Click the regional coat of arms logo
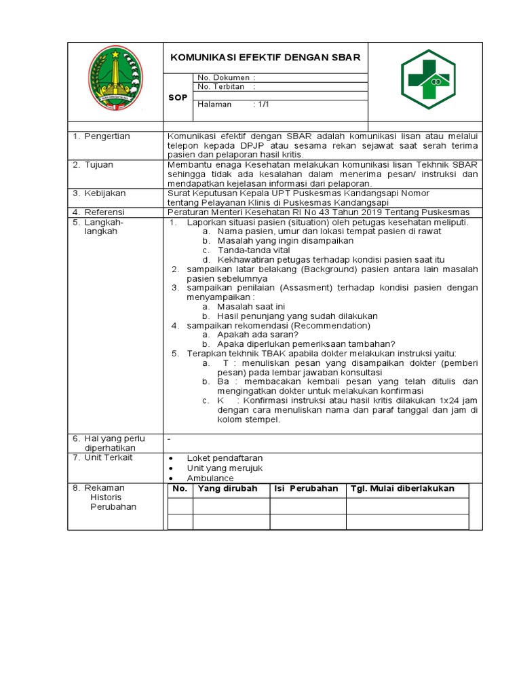(x=115, y=77)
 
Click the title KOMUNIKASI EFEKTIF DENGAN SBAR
(x=265, y=58)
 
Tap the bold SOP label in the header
(x=178, y=98)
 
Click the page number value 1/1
(x=261, y=105)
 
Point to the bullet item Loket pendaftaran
(x=225, y=458)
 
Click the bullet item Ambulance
(x=210, y=478)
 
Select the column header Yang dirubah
(x=227, y=489)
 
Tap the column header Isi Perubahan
(x=306, y=489)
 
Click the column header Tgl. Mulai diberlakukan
(x=402, y=489)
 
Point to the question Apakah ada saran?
(x=258, y=335)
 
